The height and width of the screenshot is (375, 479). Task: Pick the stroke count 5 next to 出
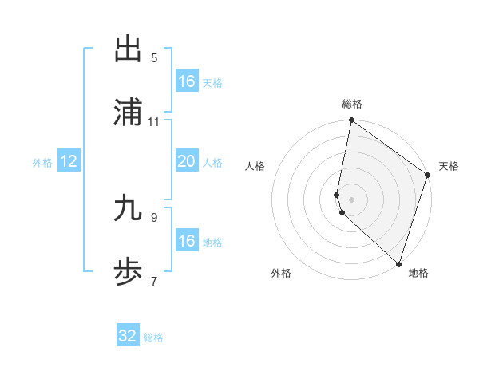tap(154, 58)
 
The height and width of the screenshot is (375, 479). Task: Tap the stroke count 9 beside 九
tap(154, 217)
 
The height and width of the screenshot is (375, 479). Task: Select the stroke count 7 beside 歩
tap(154, 281)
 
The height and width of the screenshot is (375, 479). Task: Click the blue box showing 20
tap(186, 161)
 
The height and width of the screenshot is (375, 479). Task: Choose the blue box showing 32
tap(128, 336)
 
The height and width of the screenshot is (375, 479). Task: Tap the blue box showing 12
tap(69, 161)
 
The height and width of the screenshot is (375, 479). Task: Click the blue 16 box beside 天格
tap(186, 81)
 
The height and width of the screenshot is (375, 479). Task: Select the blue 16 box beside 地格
tap(186, 241)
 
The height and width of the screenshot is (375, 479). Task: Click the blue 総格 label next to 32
tap(153, 337)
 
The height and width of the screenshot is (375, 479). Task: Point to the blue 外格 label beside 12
tap(42, 163)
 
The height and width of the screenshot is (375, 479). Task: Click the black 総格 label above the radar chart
tap(352, 104)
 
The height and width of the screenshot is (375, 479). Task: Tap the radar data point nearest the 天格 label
tap(428, 176)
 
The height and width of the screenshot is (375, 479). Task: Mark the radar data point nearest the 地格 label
tap(399, 264)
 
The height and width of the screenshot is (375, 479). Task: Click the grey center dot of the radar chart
tap(352, 199)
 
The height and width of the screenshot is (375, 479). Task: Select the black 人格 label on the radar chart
tap(255, 166)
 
